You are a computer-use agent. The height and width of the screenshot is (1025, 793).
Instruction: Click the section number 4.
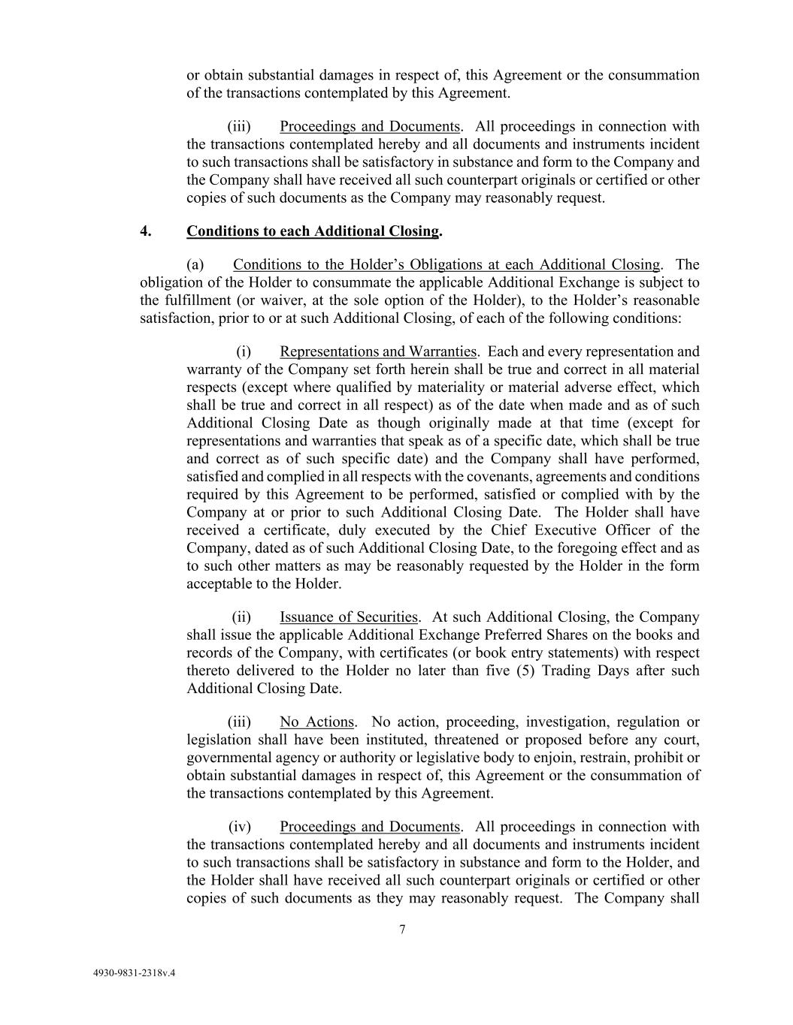click(x=146, y=231)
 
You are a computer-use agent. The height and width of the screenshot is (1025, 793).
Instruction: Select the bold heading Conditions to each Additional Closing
click(x=313, y=231)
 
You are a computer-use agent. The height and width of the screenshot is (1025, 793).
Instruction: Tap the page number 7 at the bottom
click(x=402, y=930)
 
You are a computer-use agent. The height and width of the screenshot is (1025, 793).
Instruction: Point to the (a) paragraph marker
click(x=195, y=264)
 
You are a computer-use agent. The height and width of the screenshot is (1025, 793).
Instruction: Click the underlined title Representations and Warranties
click(x=377, y=351)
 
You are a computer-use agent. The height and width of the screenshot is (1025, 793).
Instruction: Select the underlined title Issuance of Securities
click(x=348, y=617)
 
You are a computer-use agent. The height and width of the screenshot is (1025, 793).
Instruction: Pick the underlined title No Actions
click(x=316, y=722)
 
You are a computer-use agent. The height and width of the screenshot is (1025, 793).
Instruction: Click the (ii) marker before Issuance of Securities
click(x=241, y=617)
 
